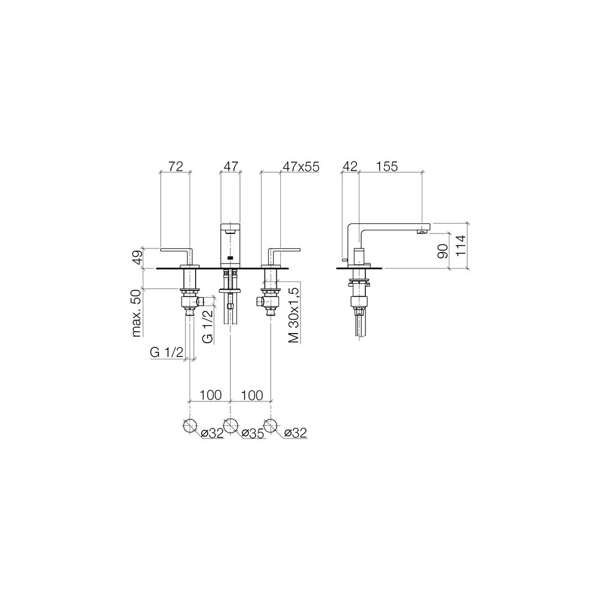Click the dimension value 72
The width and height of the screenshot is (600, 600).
(x=176, y=166)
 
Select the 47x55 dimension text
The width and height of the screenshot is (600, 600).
(x=301, y=167)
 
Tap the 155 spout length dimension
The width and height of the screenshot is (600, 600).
(x=386, y=166)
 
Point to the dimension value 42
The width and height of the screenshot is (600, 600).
(x=350, y=166)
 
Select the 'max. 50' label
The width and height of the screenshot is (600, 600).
(x=137, y=313)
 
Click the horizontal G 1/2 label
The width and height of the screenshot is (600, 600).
(x=166, y=352)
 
